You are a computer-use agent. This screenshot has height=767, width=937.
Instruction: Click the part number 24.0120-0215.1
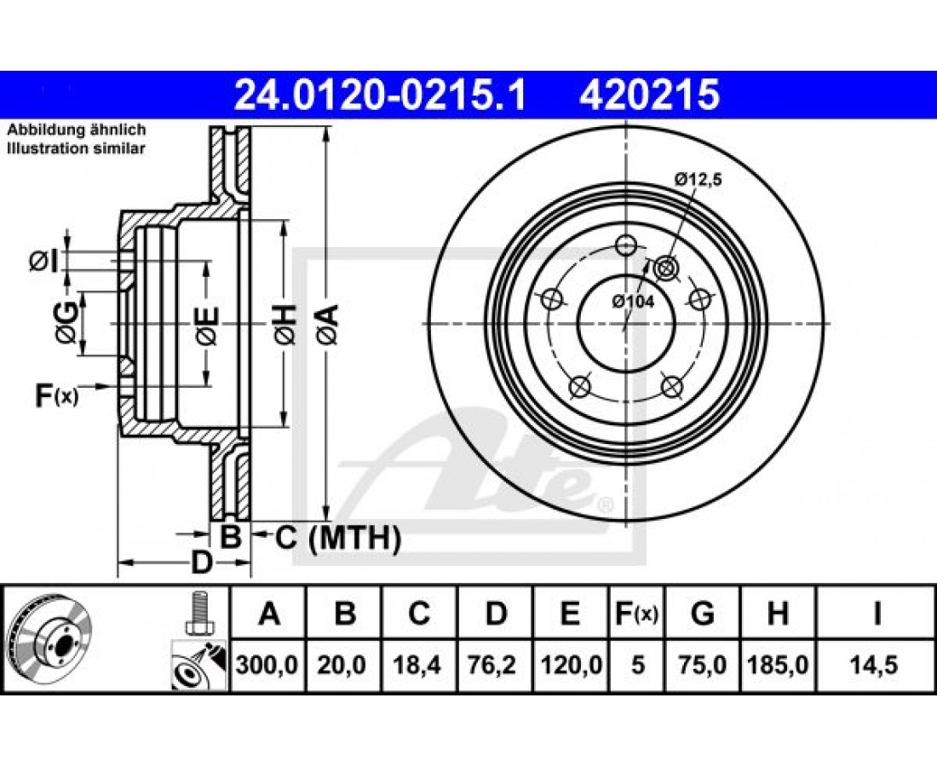point(380,95)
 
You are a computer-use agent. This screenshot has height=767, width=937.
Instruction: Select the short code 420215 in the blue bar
point(649,95)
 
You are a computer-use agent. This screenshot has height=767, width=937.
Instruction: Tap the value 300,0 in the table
point(267,665)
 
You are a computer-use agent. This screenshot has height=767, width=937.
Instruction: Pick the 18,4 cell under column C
point(419,665)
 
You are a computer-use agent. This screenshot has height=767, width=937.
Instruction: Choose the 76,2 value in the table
point(495,665)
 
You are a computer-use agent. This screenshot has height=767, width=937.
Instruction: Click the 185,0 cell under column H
point(778,665)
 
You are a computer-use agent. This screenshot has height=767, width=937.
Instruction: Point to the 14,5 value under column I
point(876,665)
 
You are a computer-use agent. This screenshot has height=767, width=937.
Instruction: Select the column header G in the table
point(702,614)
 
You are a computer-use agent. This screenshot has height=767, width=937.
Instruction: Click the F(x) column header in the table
point(637,614)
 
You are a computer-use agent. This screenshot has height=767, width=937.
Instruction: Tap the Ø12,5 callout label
point(698,179)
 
